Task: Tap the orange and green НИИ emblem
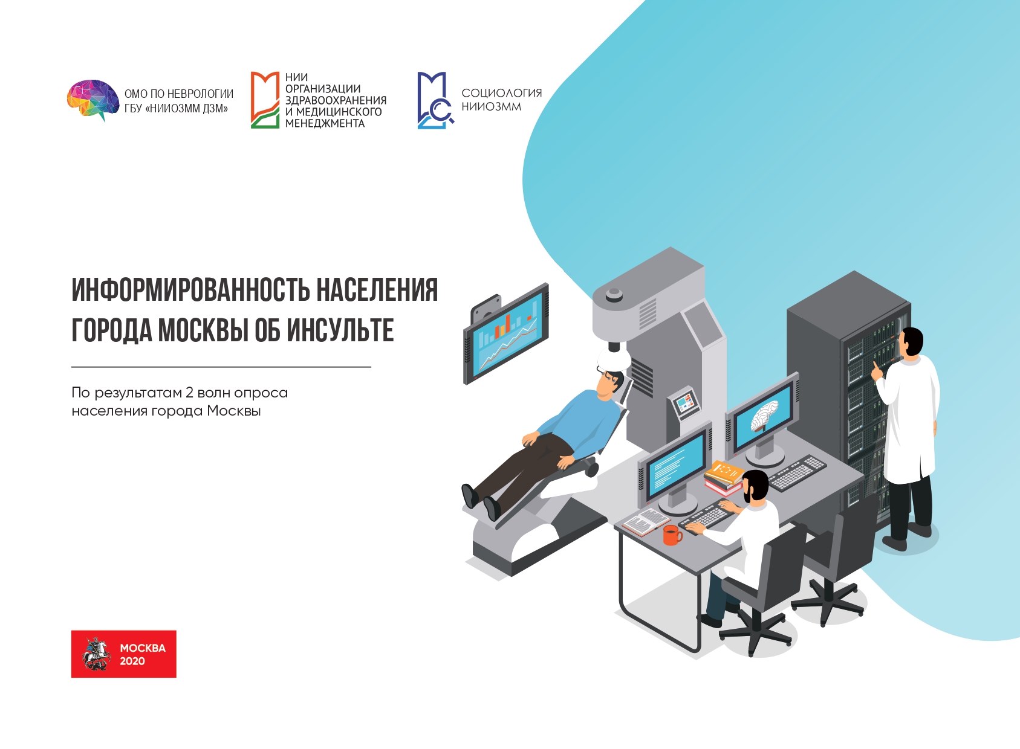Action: pyautogui.click(x=265, y=100)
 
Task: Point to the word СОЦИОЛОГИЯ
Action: pyautogui.click(x=501, y=93)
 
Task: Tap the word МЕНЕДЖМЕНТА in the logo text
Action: pyautogui.click(x=325, y=123)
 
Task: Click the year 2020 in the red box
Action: pyautogui.click(x=132, y=661)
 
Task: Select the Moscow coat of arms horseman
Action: pyautogui.click(x=97, y=654)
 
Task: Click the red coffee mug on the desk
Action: pyautogui.click(x=672, y=535)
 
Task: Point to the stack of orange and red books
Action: pyautogui.click(x=724, y=478)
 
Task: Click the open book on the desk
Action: pyautogui.click(x=645, y=521)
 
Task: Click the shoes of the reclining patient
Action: pyautogui.click(x=481, y=502)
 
